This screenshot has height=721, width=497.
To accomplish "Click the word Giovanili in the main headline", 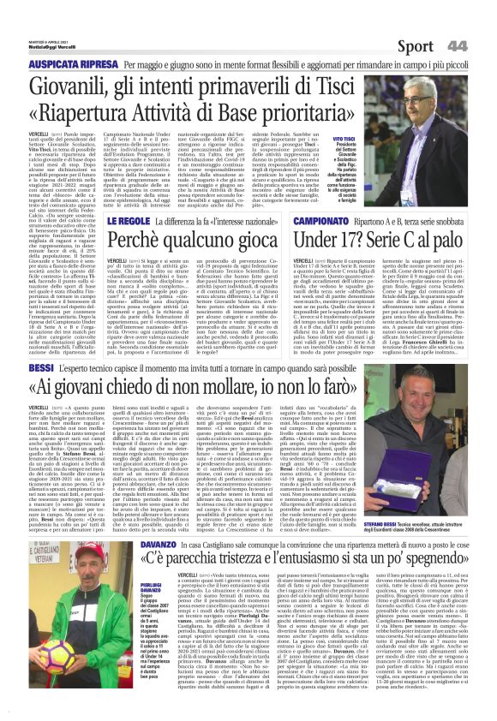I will point(76,88).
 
